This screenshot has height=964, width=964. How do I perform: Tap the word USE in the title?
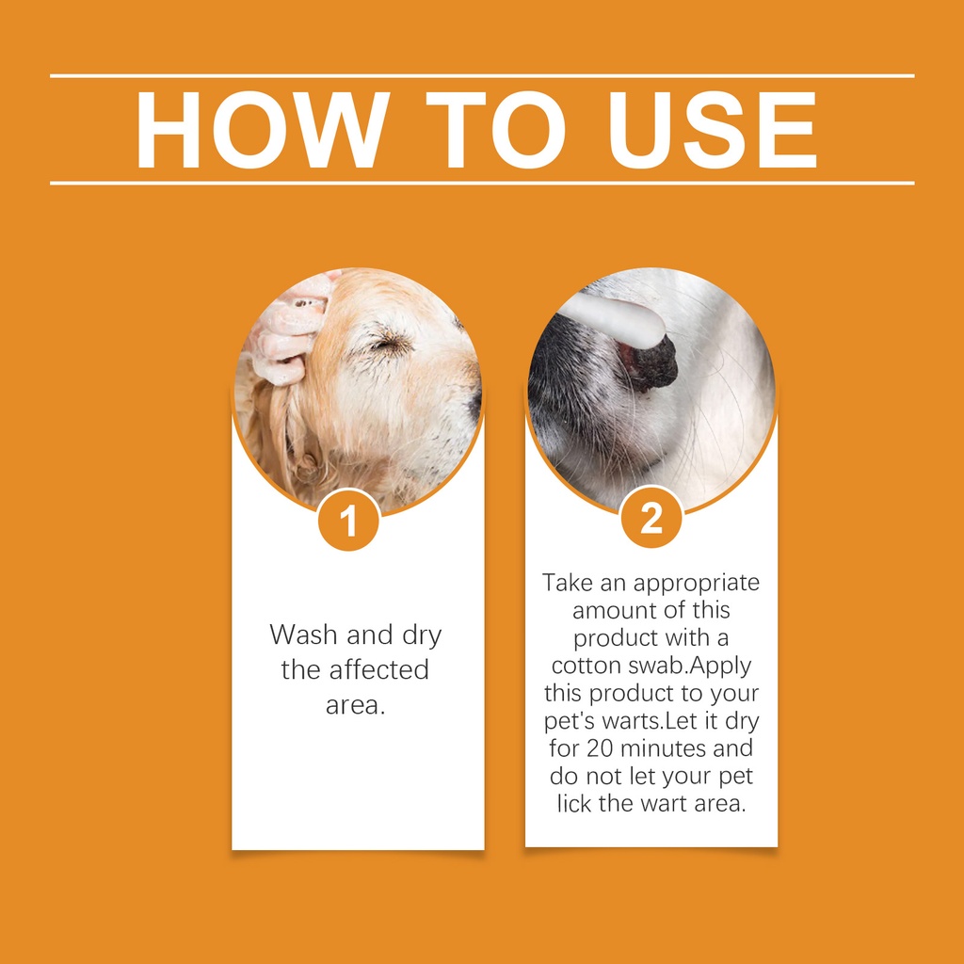tap(713, 130)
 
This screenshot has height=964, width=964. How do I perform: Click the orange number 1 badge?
tap(348, 520)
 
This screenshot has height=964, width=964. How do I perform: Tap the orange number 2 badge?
tap(651, 518)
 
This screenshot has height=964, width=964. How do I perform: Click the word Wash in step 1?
tap(305, 635)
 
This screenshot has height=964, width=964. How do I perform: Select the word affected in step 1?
tap(378, 669)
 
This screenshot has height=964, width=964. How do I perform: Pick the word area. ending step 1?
tap(355, 706)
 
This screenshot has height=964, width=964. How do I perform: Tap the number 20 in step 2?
tap(600, 748)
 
